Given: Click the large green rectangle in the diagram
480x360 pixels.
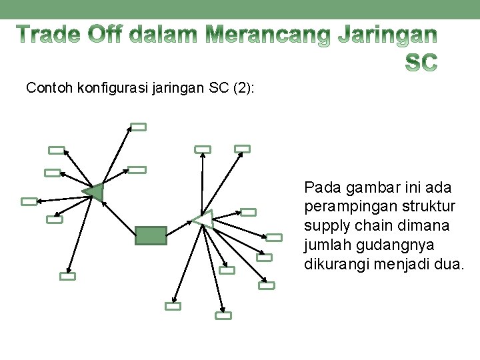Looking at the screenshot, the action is tap(151, 235).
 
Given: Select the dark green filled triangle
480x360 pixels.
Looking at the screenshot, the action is tap(95, 192).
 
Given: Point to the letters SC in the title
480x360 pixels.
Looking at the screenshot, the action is tap(421, 63).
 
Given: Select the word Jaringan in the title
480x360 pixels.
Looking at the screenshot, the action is tap(387, 35).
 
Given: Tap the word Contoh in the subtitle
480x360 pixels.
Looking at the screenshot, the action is tap(50, 87).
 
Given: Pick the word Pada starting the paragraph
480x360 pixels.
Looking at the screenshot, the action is tap(320, 187).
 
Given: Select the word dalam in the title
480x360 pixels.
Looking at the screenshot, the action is tap(164, 34).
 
